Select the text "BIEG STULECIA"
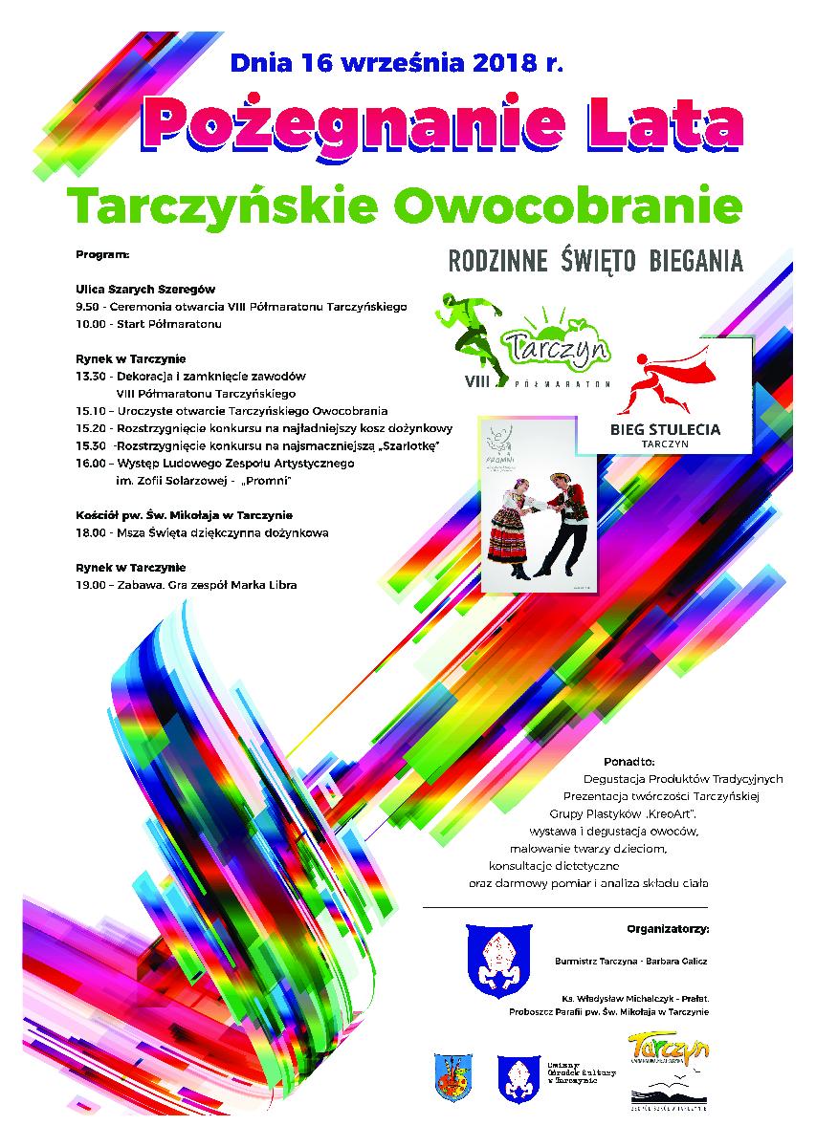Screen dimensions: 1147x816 [665, 429]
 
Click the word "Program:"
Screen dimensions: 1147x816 [100, 256]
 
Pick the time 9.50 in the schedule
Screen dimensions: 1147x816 [87, 307]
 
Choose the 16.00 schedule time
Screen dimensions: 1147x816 [89, 463]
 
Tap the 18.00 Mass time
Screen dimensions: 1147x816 [89, 532]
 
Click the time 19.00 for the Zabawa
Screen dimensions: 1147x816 [89, 584]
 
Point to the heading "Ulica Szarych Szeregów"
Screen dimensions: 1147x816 [145, 288]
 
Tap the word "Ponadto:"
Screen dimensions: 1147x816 [629, 762]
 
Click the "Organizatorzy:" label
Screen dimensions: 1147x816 [668, 927]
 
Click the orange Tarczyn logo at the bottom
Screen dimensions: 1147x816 [668, 1048]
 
